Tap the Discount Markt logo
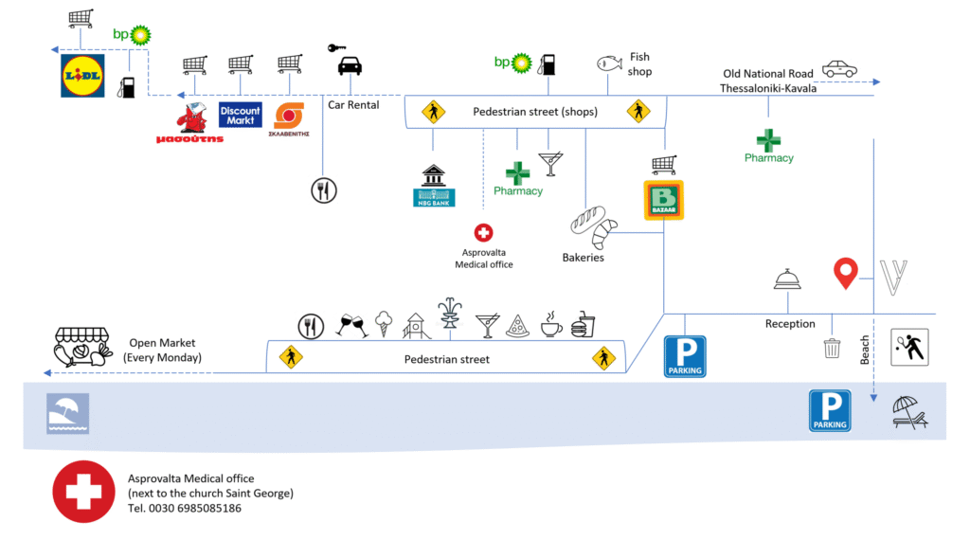(x=240, y=116)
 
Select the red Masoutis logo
(x=192, y=122)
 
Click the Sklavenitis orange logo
(x=289, y=117)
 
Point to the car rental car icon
(x=350, y=65)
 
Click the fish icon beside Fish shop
(x=608, y=63)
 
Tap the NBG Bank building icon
(x=435, y=185)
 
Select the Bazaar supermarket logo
(x=664, y=201)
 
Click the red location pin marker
(x=845, y=273)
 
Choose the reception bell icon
(x=789, y=279)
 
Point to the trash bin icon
(x=832, y=347)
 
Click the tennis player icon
(x=910, y=347)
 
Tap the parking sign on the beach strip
(x=830, y=410)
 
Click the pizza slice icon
(x=517, y=326)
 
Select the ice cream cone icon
(x=383, y=325)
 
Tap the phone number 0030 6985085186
(x=185, y=509)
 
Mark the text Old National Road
(x=768, y=73)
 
